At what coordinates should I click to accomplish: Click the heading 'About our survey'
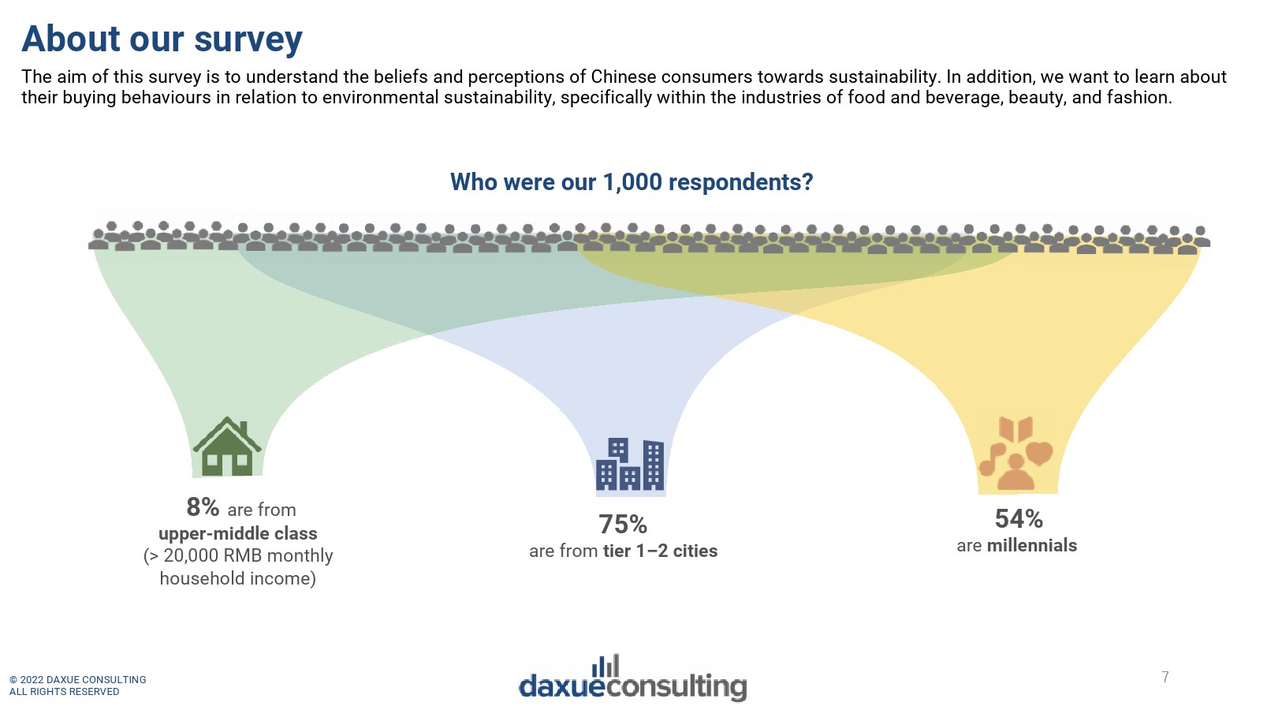click(x=162, y=39)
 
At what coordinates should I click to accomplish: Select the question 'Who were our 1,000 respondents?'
click(x=632, y=182)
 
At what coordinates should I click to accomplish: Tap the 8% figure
click(x=203, y=507)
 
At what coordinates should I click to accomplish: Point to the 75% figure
click(x=623, y=525)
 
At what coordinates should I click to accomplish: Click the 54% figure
click(x=1019, y=519)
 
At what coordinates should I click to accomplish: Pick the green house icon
click(x=227, y=447)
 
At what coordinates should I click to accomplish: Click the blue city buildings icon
click(x=629, y=464)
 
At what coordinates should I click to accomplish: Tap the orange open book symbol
click(x=1015, y=429)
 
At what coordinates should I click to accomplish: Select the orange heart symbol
click(x=1039, y=453)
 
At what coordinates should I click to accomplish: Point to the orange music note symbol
click(x=992, y=459)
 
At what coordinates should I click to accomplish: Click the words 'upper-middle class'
click(x=237, y=533)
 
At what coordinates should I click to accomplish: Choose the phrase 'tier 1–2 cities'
click(x=660, y=551)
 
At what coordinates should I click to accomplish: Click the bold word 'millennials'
click(x=1032, y=545)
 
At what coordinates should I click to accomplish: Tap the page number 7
click(x=1165, y=677)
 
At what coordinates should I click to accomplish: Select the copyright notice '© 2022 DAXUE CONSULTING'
click(x=77, y=679)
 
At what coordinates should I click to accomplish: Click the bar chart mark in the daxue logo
click(x=606, y=666)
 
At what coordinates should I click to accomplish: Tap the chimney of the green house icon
click(x=244, y=428)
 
